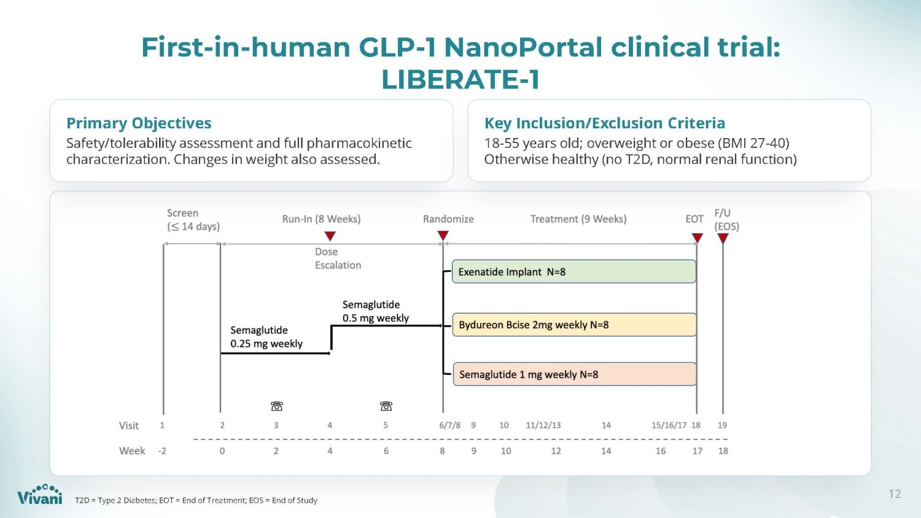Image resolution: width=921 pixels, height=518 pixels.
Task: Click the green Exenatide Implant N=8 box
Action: (x=574, y=271)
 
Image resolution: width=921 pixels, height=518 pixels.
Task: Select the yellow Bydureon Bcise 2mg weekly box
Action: (x=574, y=325)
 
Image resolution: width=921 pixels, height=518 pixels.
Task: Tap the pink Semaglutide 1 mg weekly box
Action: (x=575, y=374)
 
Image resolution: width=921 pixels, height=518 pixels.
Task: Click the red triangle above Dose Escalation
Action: (x=330, y=236)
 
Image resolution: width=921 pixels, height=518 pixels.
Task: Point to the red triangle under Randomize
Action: (x=443, y=236)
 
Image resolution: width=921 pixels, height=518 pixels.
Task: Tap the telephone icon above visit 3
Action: (x=277, y=406)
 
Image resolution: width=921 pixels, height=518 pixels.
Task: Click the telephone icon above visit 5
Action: (x=386, y=406)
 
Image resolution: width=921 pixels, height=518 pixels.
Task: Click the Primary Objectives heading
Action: (x=139, y=123)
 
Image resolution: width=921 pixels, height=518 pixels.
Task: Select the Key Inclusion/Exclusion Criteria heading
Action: (x=605, y=123)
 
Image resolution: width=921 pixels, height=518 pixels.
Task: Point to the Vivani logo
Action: (x=40, y=494)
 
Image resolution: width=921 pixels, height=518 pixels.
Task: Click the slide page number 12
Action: (x=895, y=493)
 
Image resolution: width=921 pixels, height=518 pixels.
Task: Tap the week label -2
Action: (x=163, y=451)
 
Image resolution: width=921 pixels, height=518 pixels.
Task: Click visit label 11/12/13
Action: (x=543, y=425)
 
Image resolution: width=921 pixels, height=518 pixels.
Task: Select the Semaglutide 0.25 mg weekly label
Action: (x=266, y=337)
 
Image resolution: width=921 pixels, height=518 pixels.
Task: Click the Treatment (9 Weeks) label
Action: (x=578, y=219)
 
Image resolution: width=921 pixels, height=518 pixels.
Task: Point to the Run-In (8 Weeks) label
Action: (x=321, y=219)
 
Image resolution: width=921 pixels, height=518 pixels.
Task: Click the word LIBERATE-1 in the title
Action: (x=460, y=79)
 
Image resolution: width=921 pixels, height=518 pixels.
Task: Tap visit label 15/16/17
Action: (x=669, y=425)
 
